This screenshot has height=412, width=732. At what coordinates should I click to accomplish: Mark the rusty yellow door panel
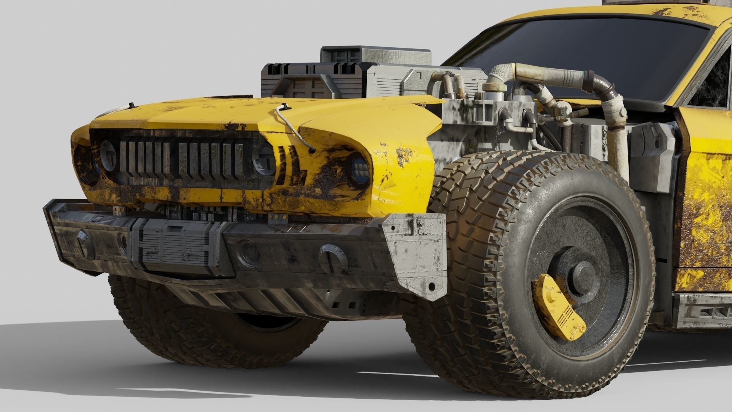pos(705,198)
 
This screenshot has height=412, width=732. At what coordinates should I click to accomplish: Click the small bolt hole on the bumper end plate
pos(431,286)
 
